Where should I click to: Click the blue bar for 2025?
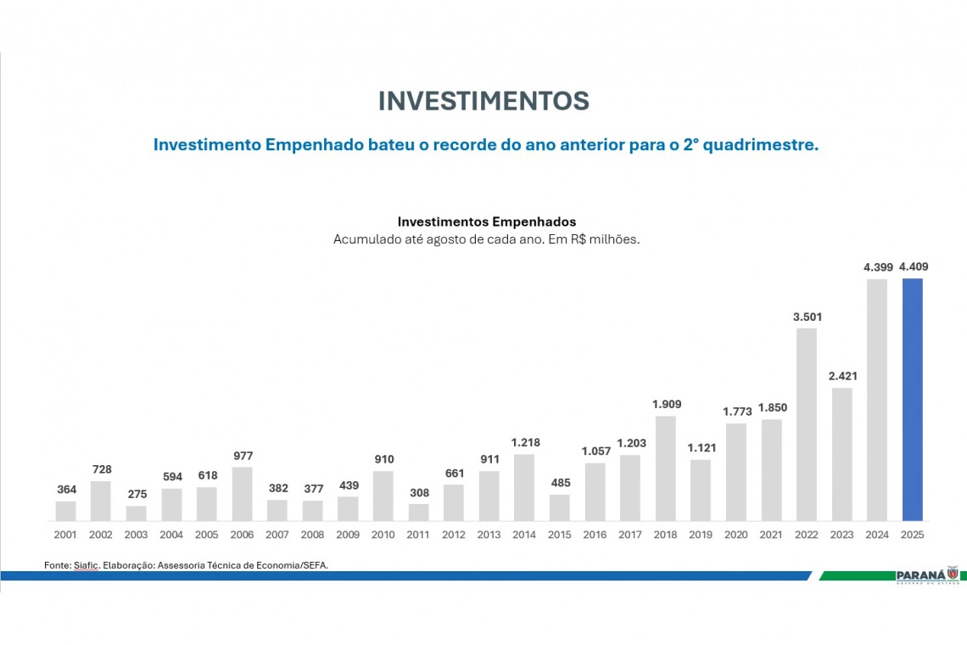912,399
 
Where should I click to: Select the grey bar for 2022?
807,424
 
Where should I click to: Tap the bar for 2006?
242,494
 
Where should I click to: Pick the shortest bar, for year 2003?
136,513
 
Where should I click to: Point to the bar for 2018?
666,468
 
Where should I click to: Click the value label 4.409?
914,266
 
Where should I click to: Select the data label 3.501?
808,317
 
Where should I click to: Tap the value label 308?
419,492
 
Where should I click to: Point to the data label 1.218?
525,442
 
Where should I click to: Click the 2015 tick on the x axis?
559,535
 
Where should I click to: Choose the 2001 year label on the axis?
65,535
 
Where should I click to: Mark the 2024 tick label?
877,535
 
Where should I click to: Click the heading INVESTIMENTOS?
483,101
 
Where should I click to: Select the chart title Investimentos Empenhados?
486,222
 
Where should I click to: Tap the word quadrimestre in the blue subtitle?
757,145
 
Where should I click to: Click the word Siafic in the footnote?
85,565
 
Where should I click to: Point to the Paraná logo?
931,575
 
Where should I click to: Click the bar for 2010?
383,496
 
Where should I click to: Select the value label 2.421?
842,376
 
